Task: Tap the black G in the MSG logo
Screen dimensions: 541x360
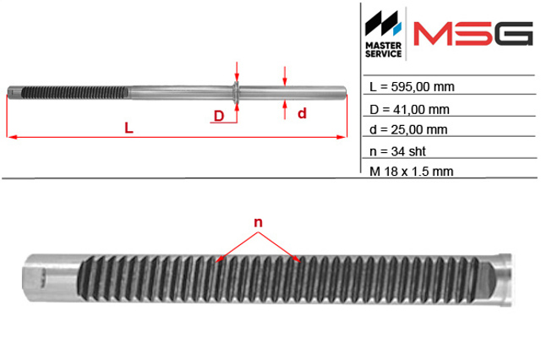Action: [x=513, y=34]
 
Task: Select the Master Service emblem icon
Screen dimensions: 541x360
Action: [x=383, y=23]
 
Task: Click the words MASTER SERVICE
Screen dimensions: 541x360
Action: [x=383, y=50]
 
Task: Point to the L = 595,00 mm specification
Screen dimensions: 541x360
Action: [x=412, y=87]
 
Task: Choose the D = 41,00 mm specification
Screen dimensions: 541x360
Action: [x=409, y=110]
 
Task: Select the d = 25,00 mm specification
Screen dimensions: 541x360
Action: [x=408, y=129]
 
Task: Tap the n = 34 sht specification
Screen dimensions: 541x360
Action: [x=397, y=151]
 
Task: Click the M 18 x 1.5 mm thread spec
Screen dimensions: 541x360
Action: [x=412, y=172]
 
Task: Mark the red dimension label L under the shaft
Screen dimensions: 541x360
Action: [x=128, y=128]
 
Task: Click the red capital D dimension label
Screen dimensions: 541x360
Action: [x=219, y=116]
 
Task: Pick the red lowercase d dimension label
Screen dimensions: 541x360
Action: [x=302, y=113]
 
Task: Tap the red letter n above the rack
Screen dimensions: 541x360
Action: [x=258, y=223]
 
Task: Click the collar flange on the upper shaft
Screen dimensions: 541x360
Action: [x=237, y=93]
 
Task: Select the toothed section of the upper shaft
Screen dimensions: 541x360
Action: [x=74, y=93]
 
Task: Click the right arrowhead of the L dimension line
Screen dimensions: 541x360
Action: [x=342, y=137]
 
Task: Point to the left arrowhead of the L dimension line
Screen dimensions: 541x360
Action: [x=13, y=137]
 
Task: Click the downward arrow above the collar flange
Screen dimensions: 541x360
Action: [x=237, y=72]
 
